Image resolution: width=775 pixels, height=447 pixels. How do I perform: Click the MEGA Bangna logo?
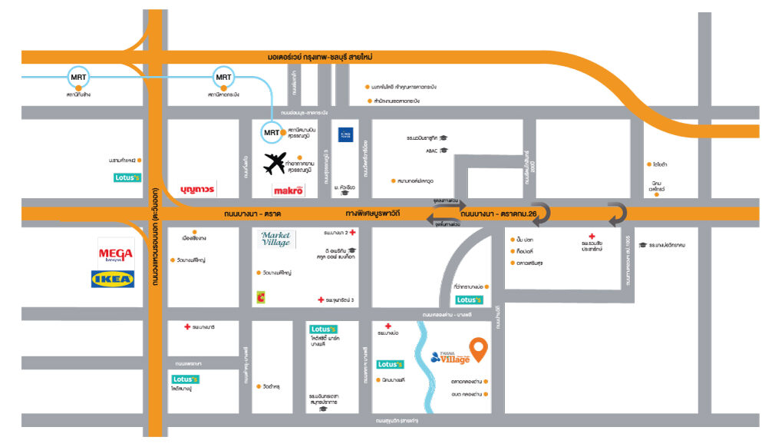click(x=116, y=251)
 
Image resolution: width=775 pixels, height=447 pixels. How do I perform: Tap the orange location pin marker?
click(x=479, y=350)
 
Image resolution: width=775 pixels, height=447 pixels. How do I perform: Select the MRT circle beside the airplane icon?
click(x=271, y=132)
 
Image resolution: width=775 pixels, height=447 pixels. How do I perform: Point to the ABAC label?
click(x=431, y=151)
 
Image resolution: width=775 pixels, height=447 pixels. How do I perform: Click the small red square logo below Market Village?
click(x=262, y=296)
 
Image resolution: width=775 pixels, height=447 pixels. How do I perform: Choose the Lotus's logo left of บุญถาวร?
click(x=127, y=178)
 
